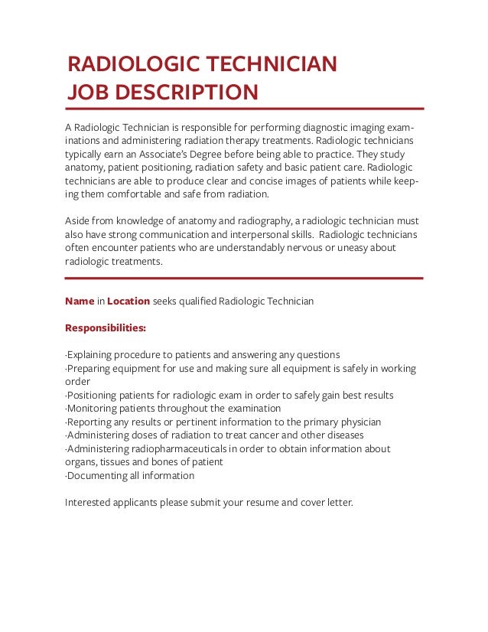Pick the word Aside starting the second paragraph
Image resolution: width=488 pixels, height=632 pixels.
click(x=78, y=221)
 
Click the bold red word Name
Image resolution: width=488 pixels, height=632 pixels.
click(x=80, y=301)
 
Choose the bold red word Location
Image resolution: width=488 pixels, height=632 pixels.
click(x=129, y=301)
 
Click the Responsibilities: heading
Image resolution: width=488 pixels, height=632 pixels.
click(x=106, y=328)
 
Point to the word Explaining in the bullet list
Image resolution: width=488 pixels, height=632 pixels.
click(x=91, y=355)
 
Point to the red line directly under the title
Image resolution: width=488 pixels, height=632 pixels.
click(x=244, y=109)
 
